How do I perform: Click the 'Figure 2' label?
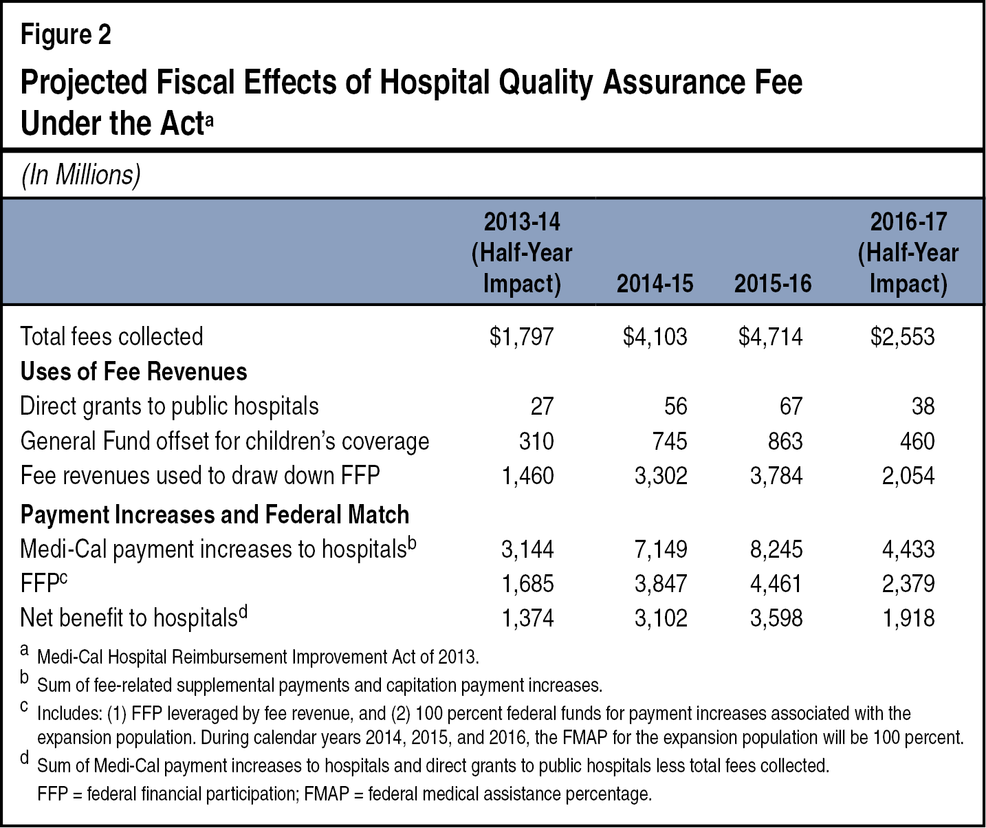coord(66,35)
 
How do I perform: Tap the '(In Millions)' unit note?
coord(81,175)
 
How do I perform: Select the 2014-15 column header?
coord(655,284)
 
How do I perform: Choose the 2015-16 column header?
coord(773,284)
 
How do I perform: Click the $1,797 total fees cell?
coord(521,336)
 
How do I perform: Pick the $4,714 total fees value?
coord(771,336)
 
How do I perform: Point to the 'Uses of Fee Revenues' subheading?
coord(133,371)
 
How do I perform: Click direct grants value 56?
coord(675,406)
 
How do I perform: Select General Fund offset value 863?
coord(785,441)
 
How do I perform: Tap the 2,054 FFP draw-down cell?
coord(908,475)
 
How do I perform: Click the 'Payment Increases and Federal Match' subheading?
coord(215,514)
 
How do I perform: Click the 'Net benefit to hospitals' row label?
coord(129,618)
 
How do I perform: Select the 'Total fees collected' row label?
coord(111,336)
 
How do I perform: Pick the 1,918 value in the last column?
coord(908,618)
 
